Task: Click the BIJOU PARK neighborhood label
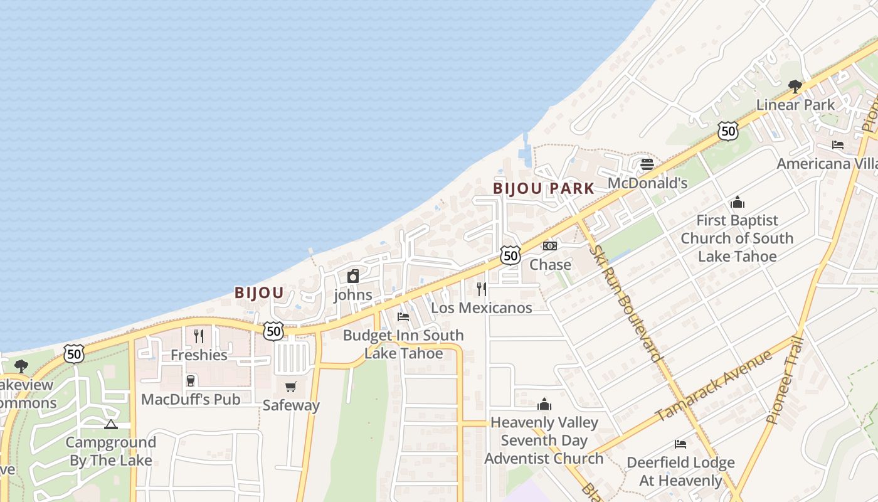(x=543, y=188)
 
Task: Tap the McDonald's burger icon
(x=647, y=164)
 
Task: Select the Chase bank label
(x=550, y=264)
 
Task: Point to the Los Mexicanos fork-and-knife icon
(x=481, y=289)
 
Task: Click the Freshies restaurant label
(x=199, y=355)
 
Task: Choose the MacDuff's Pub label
(x=191, y=399)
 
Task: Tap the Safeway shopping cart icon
(x=290, y=387)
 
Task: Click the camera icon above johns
(x=353, y=276)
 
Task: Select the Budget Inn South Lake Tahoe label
(x=403, y=344)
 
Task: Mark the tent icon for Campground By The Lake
(x=111, y=425)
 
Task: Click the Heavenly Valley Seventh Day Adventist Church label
(x=544, y=441)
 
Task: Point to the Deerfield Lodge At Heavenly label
(x=680, y=471)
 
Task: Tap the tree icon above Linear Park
(x=795, y=86)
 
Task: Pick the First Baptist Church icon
(x=737, y=202)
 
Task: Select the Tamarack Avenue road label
(x=714, y=385)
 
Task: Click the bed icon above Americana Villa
(x=837, y=145)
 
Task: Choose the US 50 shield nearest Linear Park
(x=727, y=131)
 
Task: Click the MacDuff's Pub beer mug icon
(x=191, y=380)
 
